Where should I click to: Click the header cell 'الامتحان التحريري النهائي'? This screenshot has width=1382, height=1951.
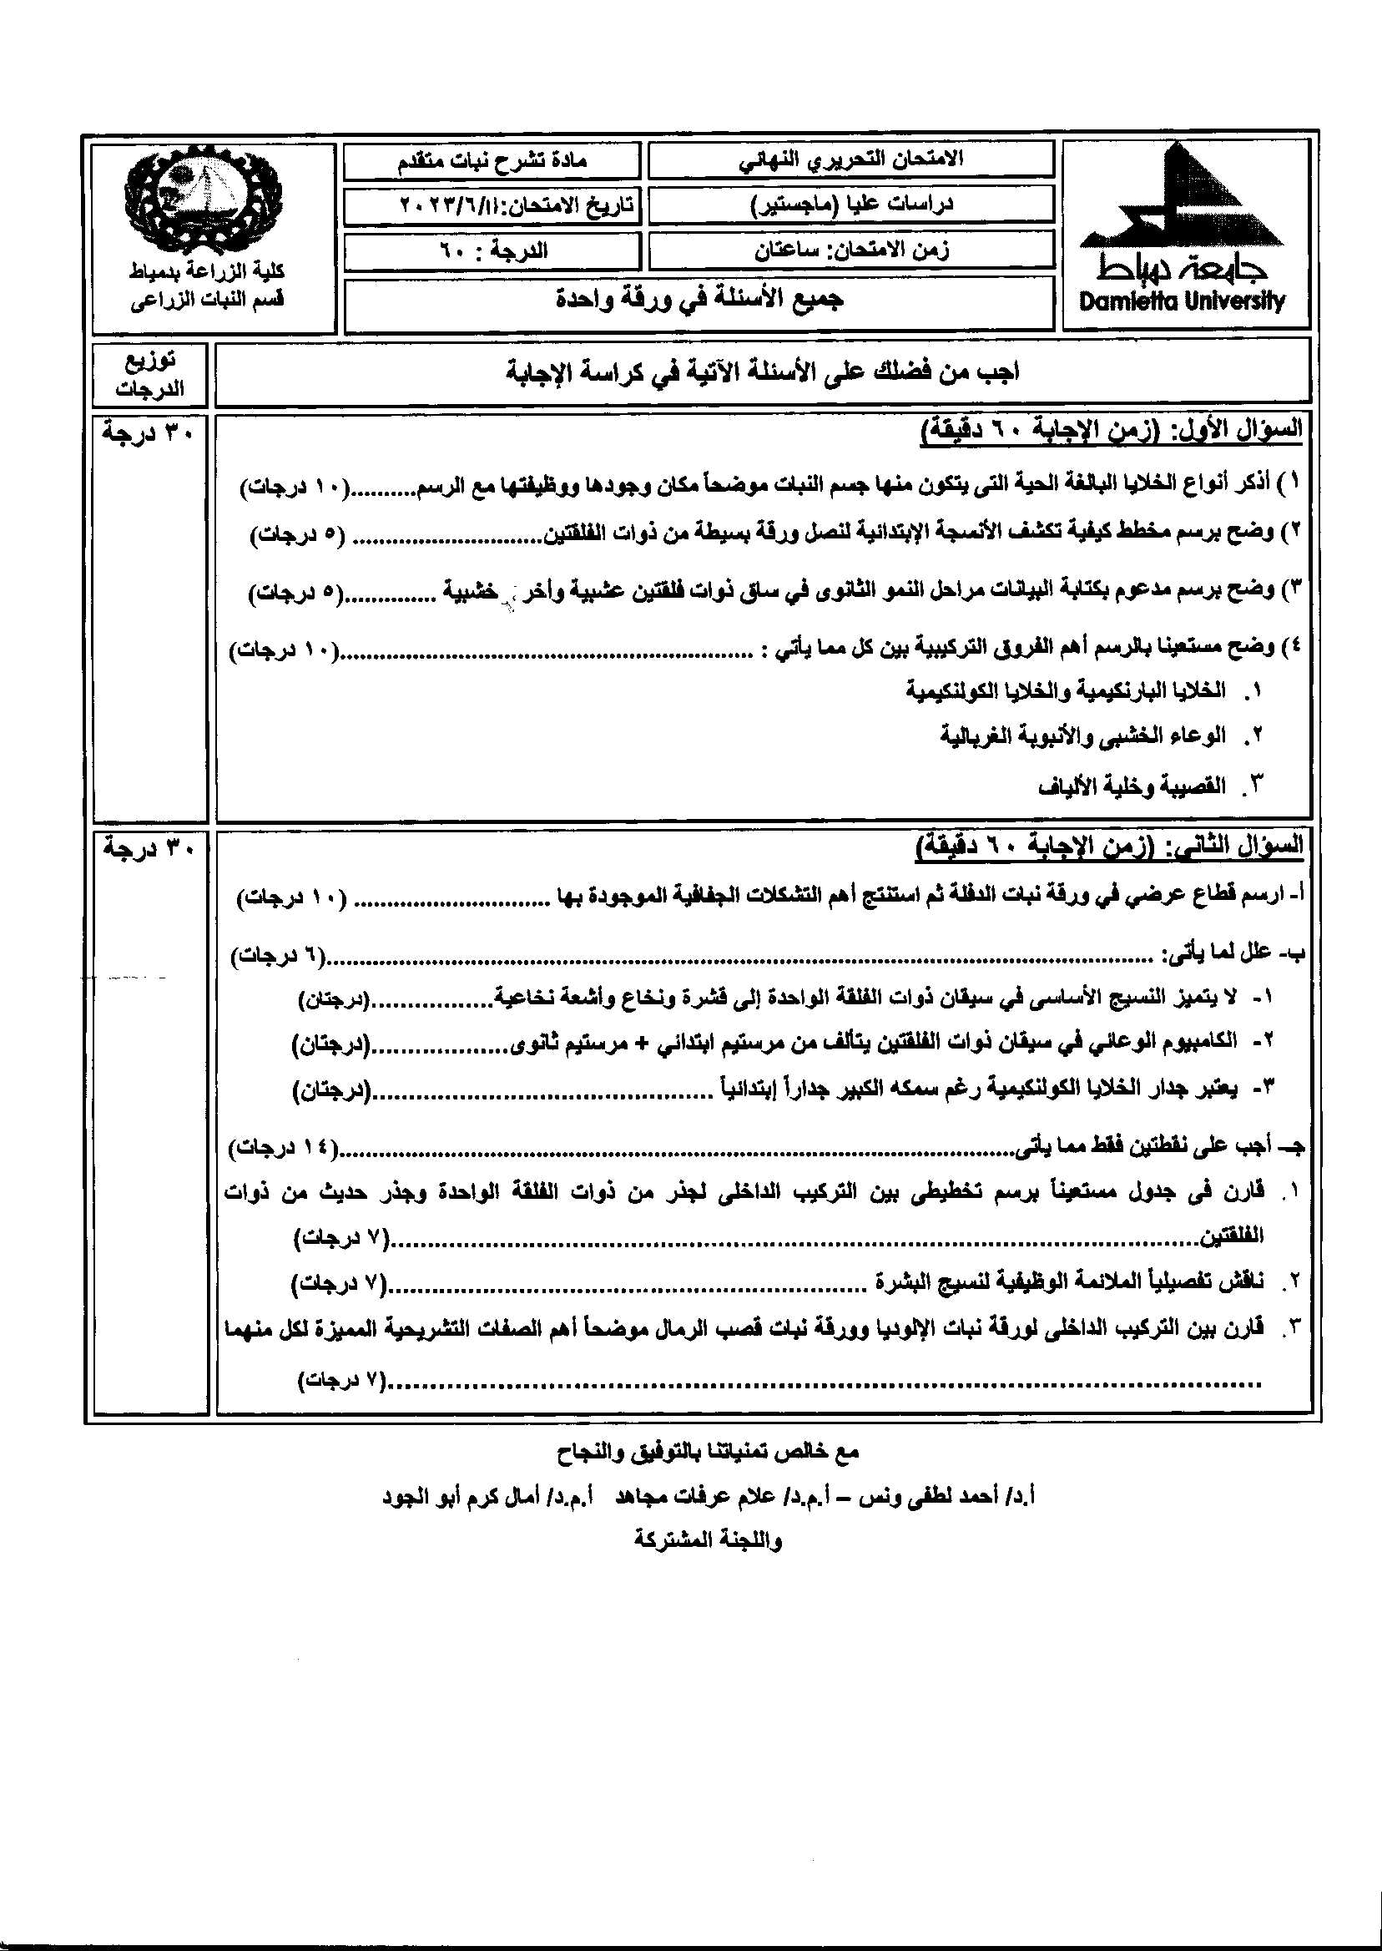click(851, 159)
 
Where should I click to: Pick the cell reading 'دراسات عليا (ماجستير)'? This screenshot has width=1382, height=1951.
click(851, 205)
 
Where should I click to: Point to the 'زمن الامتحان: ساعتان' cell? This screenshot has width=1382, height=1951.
click(851, 250)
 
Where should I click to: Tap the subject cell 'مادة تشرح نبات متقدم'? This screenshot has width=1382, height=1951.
click(492, 160)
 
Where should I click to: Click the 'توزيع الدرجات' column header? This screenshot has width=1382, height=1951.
click(149, 375)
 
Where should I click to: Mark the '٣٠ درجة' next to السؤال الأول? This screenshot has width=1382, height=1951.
click(149, 432)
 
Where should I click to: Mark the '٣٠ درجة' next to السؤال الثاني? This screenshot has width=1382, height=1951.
click(149, 849)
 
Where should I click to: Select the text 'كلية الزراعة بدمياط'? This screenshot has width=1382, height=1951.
click(208, 271)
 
